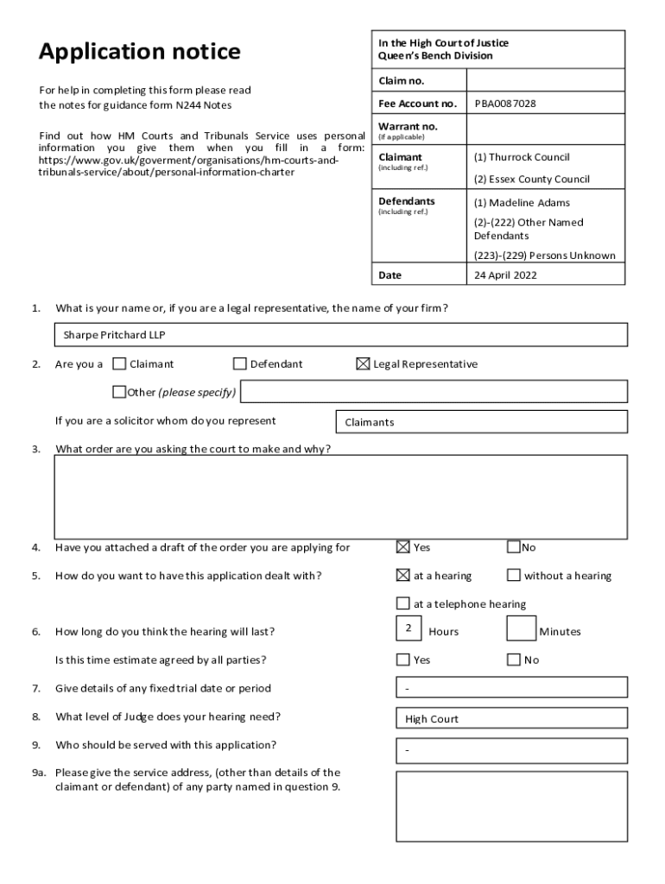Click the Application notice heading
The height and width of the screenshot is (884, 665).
[x=139, y=53]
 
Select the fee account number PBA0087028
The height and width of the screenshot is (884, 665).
[x=504, y=104]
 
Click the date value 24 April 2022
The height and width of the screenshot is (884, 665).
[x=505, y=275]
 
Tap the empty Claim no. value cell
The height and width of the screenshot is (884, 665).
[x=545, y=80]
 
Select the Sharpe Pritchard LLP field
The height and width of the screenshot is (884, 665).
[x=340, y=335]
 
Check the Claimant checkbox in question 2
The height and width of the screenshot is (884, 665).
[x=119, y=363]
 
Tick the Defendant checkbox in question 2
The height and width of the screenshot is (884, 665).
[x=240, y=363]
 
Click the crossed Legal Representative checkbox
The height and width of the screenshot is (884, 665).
[x=363, y=363]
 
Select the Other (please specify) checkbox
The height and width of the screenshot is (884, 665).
[x=119, y=392]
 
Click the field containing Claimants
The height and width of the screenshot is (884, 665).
[x=480, y=422]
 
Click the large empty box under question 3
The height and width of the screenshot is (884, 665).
[x=340, y=497]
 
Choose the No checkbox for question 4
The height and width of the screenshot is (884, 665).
[x=514, y=546]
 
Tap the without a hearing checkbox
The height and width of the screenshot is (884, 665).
[x=514, y=575]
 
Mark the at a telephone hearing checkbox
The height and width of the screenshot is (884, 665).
[x=402, y=603]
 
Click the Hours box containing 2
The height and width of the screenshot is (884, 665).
[x=408, y=629]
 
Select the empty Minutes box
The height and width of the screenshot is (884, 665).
[x=521, y=629]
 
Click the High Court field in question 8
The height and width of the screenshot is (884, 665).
[x=511, y=717]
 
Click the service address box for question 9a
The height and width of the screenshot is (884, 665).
[x=511, y=805]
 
